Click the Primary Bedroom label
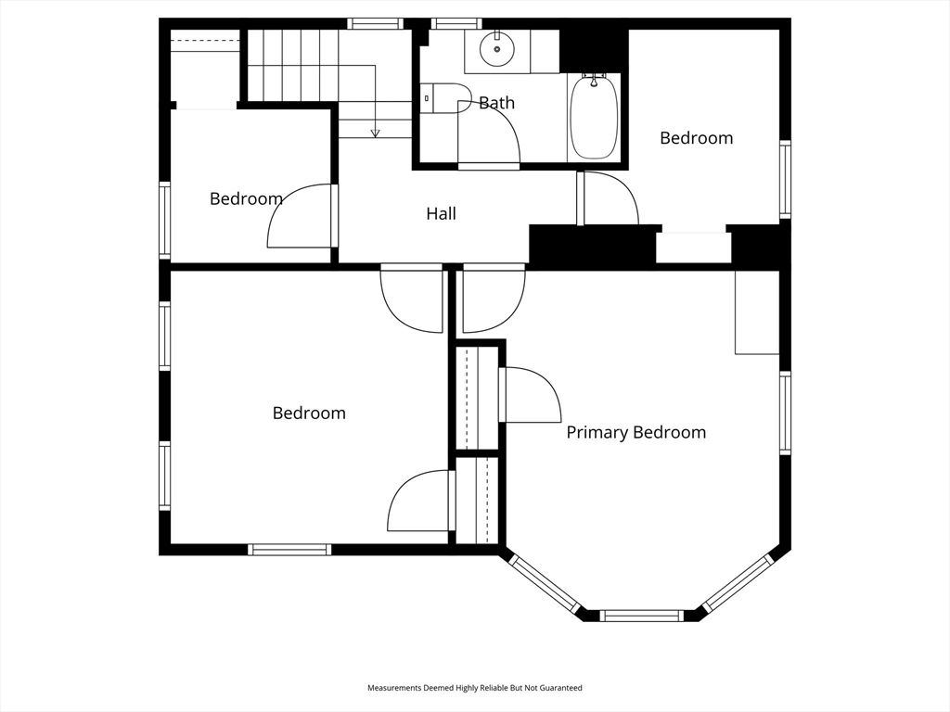tap(635, 432)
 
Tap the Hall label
tap(441, 214)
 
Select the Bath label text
tap(496, 103)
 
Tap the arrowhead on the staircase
tap(375, 133)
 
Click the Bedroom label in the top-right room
tap(696, 138)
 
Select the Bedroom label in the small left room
tap(246, 198)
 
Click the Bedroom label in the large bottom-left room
tap(309, 413)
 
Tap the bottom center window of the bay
tap(641, 615)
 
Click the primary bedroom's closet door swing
tap(531, 394)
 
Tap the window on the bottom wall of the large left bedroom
tap(289, 549)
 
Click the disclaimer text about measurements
tap(474, 688)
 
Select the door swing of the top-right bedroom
tap(608, 197)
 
